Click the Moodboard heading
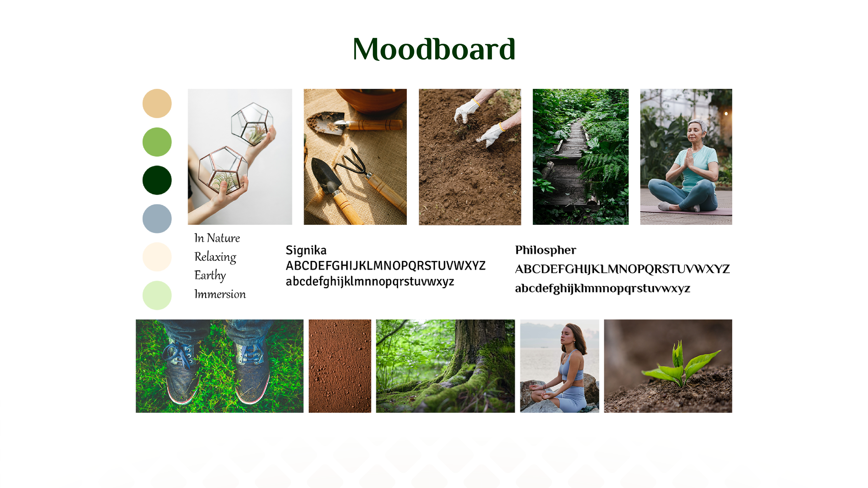(x=434, y=49)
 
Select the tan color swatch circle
(x=157, y=103)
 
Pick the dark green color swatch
(x=157, y=180)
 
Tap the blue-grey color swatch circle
(x=157, y=218)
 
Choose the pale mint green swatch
(x=157, y=295)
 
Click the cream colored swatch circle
(x=157, y=257)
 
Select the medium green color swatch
(x=157, y=142)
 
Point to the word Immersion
(x=220, y=294)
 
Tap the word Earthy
(x=210, y=275)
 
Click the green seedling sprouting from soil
(x=681, y=365)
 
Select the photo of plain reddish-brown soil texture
(x=340, y=366)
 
